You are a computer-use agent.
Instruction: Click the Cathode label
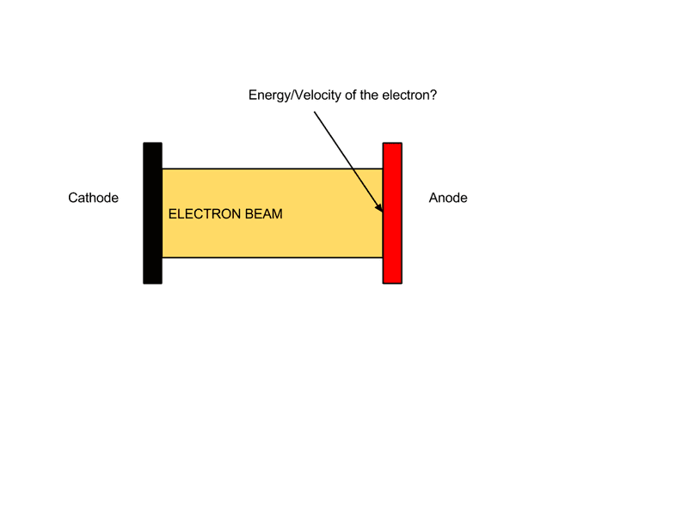(93, 198)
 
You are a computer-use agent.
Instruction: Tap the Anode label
(448, 198)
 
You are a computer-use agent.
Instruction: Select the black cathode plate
(153, 213)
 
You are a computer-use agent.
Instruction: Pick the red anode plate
(392, 213)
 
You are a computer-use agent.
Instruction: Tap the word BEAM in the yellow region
(264, 214)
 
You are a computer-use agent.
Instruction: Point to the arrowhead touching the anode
(379, 207)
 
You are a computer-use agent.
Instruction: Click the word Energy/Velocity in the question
(295, 95)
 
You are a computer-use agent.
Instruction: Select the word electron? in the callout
(409, 95)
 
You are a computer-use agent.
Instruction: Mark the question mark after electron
(433, 95)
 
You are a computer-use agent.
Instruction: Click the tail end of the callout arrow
(314, 112)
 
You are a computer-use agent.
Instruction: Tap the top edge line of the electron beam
(273, 169)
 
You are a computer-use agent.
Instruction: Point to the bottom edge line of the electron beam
(273, 257)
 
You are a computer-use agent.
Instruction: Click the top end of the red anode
(392, 143)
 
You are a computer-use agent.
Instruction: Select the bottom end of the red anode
(392, 284)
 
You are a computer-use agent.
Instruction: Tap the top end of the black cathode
(153, 143)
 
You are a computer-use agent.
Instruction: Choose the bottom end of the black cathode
(153, 284)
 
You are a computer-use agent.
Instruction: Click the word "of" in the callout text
(350, 95)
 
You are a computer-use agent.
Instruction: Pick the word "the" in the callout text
(369, 95)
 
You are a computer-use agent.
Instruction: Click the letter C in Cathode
(73, 198)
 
